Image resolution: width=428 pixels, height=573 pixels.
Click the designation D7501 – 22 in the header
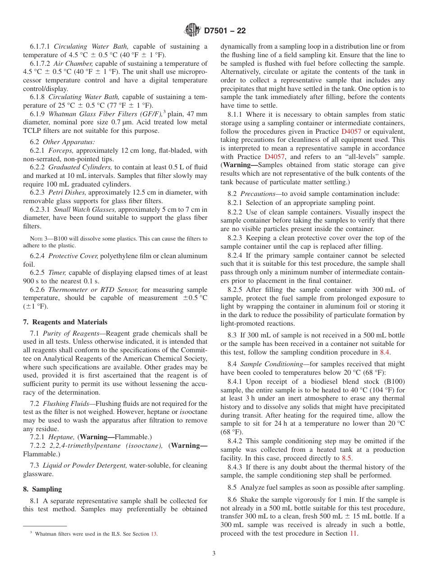225,31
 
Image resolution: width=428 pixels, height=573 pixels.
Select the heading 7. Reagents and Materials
65,322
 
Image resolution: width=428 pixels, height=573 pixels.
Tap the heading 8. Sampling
42,489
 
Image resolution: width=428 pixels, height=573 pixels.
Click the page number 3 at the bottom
214,554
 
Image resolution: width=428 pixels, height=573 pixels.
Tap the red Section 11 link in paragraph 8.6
354,533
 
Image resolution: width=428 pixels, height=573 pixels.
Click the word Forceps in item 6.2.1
59,150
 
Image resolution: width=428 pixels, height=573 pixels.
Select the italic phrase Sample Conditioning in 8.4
265,364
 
